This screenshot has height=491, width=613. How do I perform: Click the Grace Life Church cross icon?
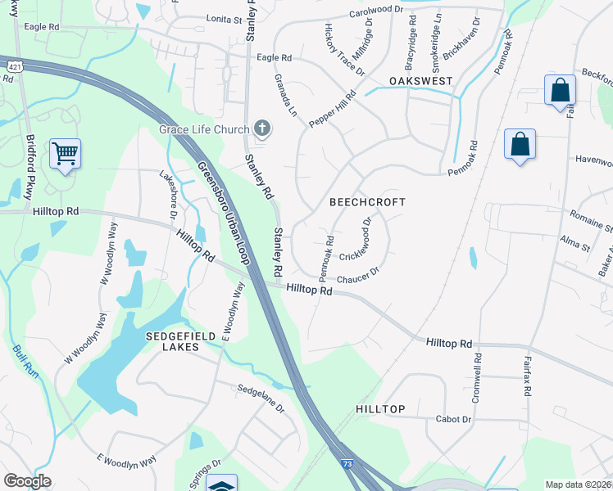tap(262, 128)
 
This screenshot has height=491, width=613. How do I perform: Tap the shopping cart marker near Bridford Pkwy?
tap(65, 152)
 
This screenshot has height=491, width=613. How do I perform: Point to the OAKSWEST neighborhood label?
tap(422, 81)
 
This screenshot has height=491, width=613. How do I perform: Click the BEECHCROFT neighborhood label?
tap(368, 201)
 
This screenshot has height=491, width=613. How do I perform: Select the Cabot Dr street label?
tap(456, 419)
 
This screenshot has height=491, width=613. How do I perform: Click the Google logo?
tap(27, 481)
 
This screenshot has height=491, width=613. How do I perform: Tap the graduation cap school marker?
tap(221, 485)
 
